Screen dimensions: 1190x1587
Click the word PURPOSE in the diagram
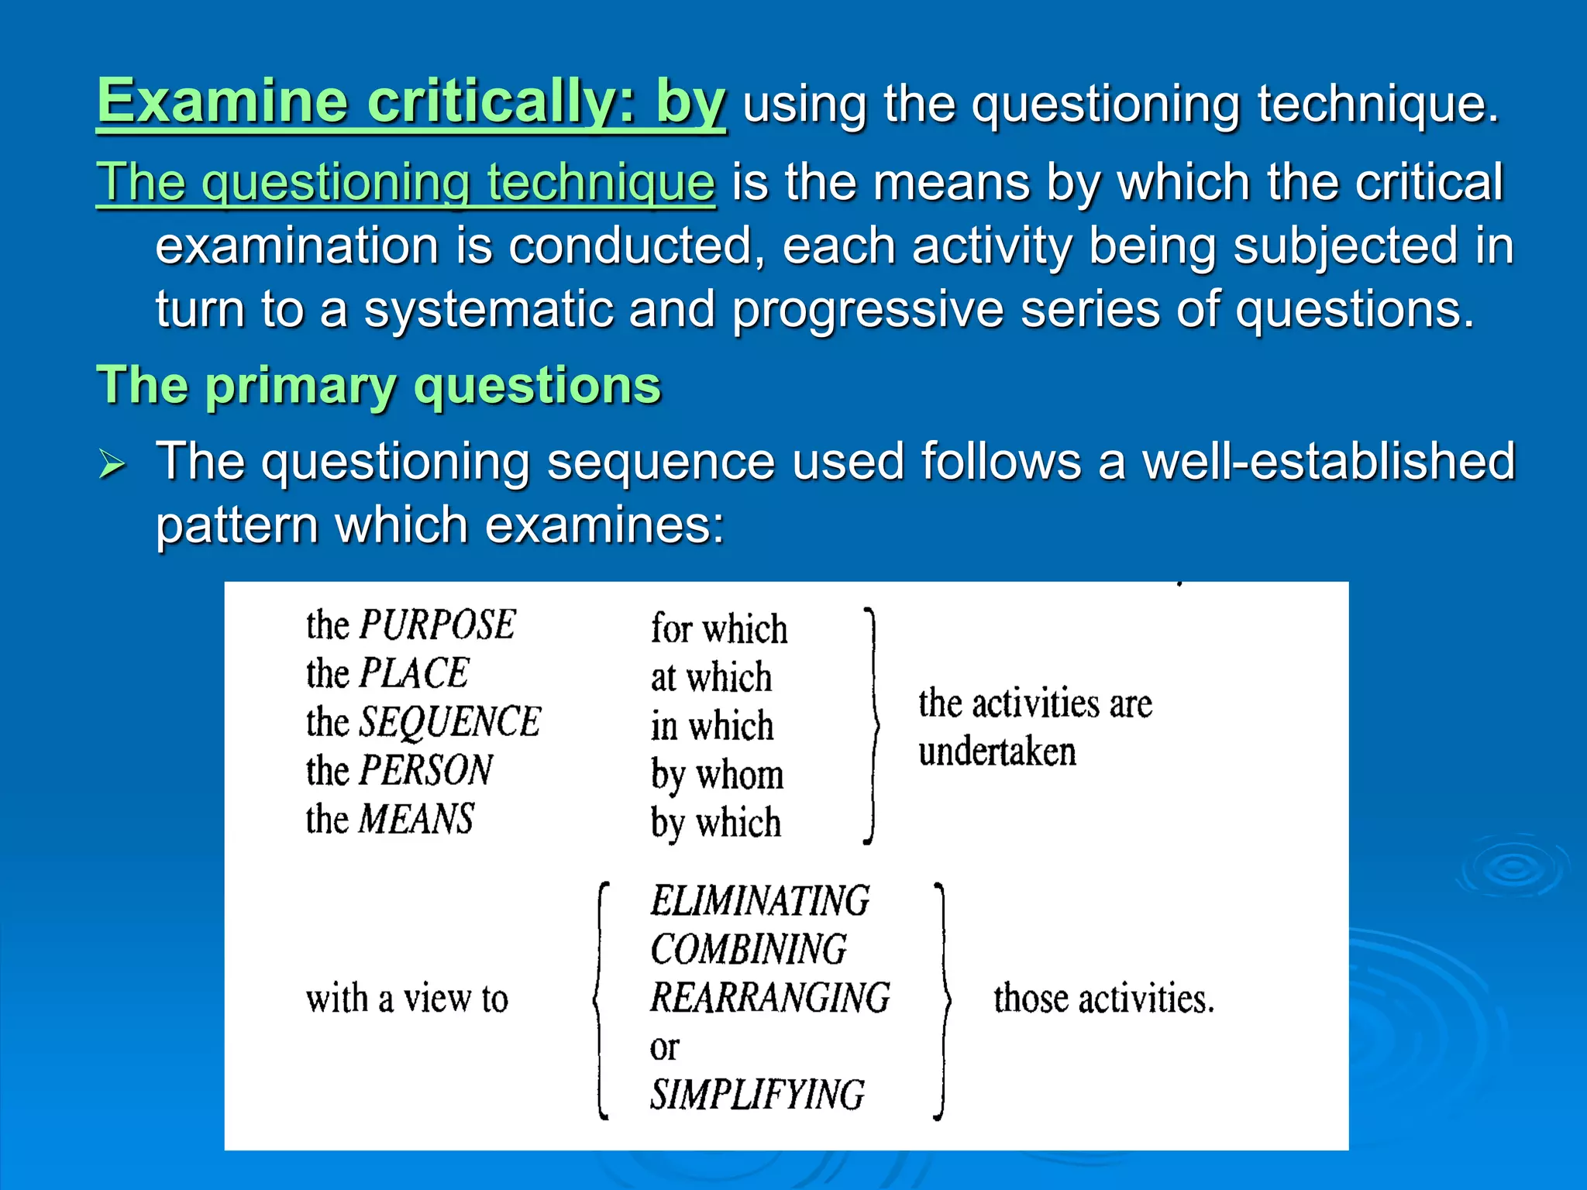click(437, 625)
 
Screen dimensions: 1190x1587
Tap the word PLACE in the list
click(414, 673)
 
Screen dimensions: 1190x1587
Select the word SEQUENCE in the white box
click(449, 722)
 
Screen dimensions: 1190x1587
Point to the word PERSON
click(426, 771)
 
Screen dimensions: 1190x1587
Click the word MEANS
click(416, 820)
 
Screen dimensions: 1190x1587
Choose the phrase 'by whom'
click(717, 776)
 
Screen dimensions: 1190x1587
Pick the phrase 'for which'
click(718, 628)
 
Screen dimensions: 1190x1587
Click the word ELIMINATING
click(759, 901)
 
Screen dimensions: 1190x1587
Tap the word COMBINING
click(749, 950)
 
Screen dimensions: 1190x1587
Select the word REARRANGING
click(770, 998)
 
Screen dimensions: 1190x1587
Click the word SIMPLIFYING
click(757, 1095)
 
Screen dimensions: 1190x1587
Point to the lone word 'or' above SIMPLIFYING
click(664, 1048)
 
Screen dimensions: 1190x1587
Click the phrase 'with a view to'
click(407, 999)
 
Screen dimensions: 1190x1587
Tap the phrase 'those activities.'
click(1103, 999)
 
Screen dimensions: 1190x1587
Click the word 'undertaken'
click(997, 752)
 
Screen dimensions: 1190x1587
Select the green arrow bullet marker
click(112, 465)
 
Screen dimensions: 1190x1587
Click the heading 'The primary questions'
click(378, 385)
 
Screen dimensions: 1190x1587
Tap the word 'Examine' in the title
click(222, 101)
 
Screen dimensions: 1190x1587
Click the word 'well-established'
click(1328, 462)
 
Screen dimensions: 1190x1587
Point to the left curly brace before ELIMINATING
click(601, 999)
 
